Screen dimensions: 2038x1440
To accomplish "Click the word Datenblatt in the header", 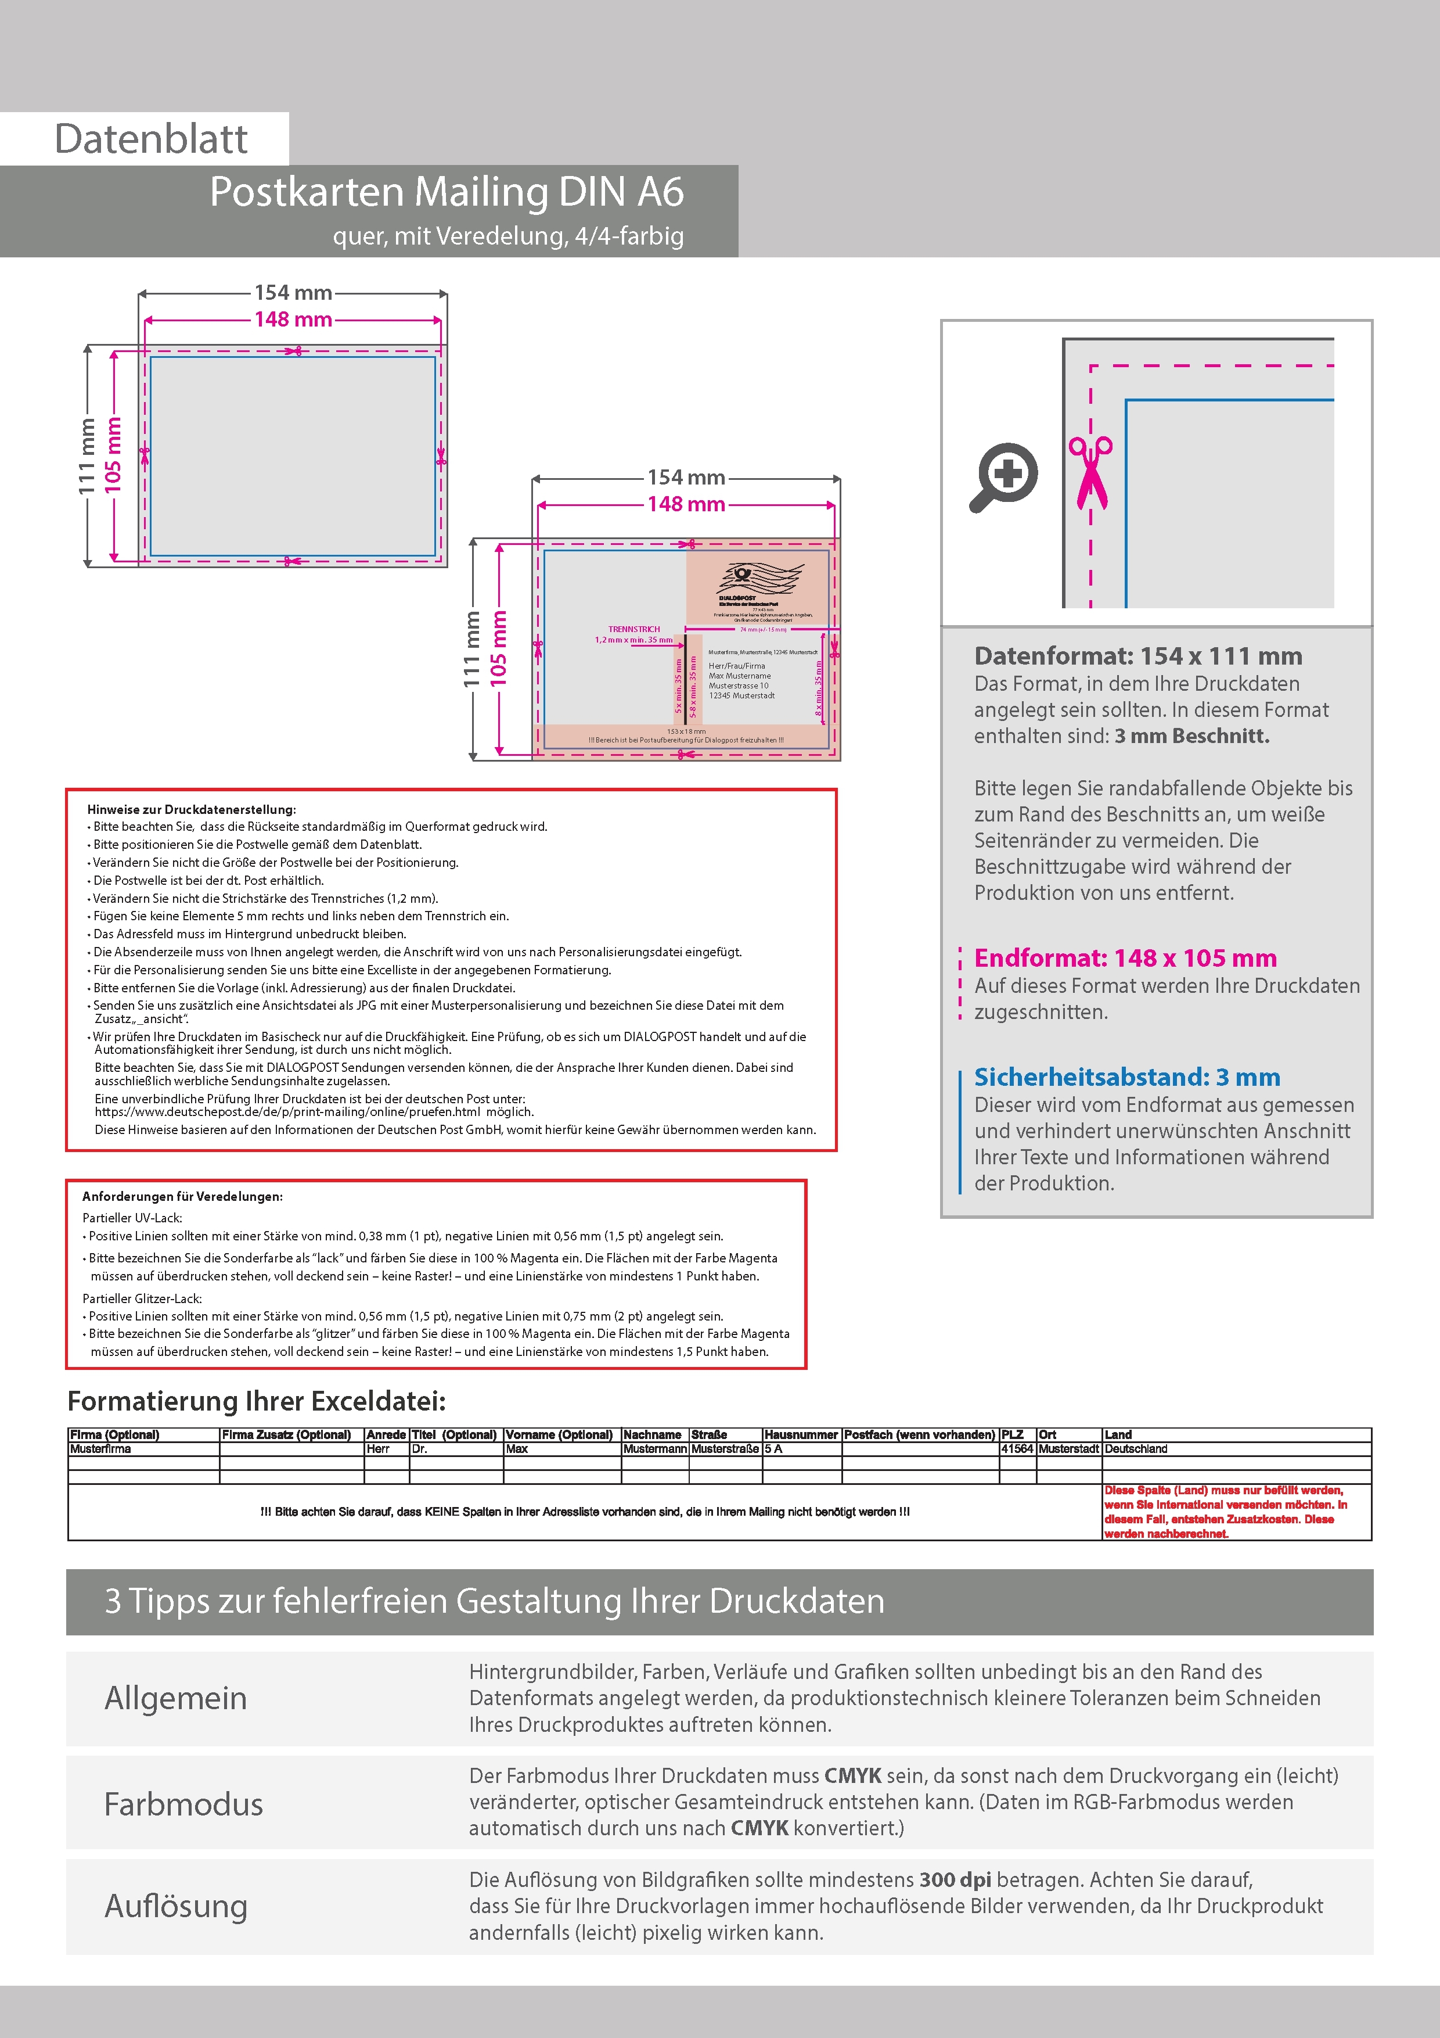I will click(151, 138).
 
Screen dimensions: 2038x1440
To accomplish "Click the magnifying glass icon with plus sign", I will click(1003, 476).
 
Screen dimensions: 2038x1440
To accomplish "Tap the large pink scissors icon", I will click(1090, 472).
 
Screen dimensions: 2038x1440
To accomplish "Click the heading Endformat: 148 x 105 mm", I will click(1125, 958).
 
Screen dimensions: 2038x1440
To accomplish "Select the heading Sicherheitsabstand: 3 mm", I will click(1127, 1077).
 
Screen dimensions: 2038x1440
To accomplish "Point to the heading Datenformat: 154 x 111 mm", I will click(1137, 656).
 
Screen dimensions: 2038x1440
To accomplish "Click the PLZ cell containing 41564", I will click(1017, 1448).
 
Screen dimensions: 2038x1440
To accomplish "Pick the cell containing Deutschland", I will click(1136, 1448).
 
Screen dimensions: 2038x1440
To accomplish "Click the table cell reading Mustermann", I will click(655, 1448).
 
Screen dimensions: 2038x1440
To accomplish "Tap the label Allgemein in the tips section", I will click(176, 1698).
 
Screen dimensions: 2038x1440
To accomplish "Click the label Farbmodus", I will click(183, 1804).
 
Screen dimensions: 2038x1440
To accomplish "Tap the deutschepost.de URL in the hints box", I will click(287, 1111).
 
